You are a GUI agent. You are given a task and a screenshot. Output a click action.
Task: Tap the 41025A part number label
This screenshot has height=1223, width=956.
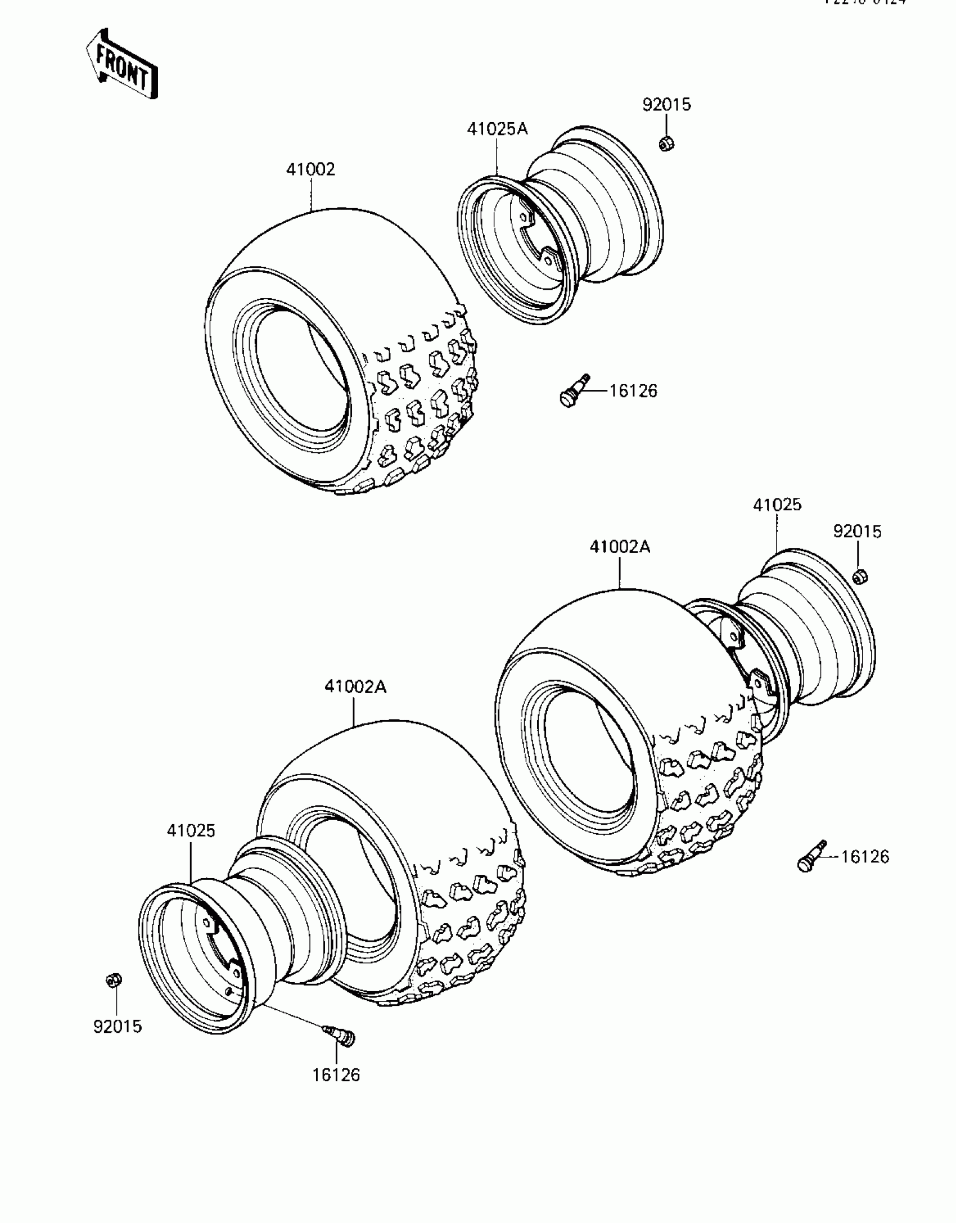pos(497,129)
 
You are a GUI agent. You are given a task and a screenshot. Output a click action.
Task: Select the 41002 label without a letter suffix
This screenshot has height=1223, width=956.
pos(310,169)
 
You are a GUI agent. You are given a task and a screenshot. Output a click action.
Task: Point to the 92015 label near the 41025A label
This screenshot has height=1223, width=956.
pos(666,105)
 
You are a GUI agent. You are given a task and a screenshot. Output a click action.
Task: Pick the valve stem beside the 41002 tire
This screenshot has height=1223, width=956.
pos(574,390)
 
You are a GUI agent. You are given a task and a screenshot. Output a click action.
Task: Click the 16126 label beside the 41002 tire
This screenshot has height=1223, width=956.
pos(633,390)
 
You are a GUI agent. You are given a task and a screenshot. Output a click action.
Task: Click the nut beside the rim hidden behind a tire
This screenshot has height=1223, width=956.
pos(859,576)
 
